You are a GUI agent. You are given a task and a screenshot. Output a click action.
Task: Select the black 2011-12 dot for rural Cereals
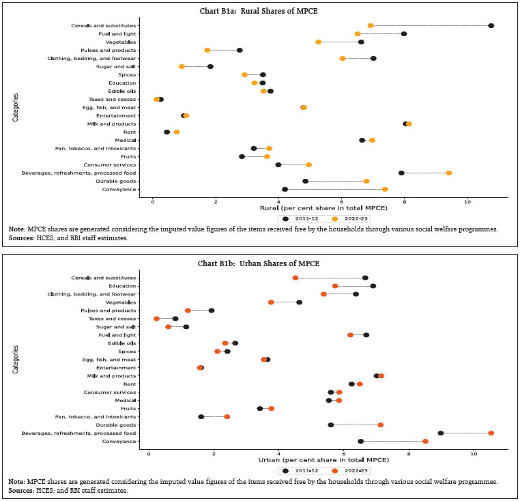(491, 26)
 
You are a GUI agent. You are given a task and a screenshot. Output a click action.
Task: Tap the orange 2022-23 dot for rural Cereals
(371, 26)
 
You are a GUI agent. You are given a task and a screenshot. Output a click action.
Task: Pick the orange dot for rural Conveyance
(385, 190)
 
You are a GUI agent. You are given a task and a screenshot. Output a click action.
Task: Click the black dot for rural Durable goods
(305, 182)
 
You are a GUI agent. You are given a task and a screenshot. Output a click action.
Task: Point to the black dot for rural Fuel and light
(404, 34)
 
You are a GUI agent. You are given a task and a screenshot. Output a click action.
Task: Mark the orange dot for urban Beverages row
(491, 433)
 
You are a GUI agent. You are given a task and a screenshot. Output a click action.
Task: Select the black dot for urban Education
(373, 286)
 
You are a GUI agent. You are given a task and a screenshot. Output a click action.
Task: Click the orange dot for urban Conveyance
(425, 442)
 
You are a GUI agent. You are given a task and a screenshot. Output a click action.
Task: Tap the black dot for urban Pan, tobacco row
(201, 417)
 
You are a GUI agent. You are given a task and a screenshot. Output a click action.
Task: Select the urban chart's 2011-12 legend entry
(298, 471)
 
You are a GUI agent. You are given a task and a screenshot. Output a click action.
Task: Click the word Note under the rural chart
(16, 229)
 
